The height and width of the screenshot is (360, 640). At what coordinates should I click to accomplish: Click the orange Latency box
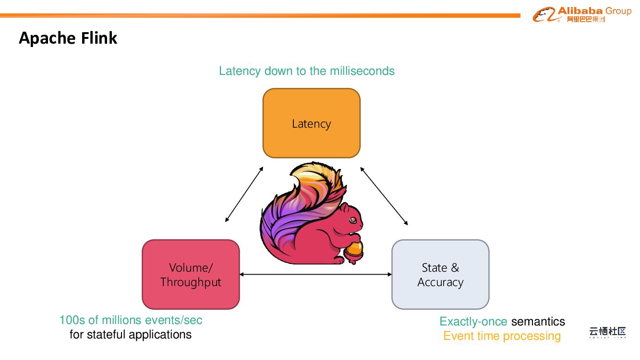pos(311,123)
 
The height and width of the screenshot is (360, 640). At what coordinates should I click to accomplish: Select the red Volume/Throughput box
pos(191,274)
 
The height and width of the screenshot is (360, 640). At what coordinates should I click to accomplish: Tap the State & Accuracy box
pos(440,274)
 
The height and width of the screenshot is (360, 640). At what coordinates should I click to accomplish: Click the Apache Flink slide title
pos(68,38)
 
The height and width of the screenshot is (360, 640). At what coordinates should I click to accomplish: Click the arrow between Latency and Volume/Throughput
pos(244,194)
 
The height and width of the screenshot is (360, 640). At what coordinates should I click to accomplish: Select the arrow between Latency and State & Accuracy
pos(384,196)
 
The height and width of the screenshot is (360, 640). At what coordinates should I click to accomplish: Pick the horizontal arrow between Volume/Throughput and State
pos(315,274)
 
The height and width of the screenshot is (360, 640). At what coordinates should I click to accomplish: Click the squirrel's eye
pos(352,219)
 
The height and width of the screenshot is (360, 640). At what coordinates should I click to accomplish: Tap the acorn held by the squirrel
pos(355,248)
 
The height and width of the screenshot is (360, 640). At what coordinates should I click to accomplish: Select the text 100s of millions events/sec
pos(131,320)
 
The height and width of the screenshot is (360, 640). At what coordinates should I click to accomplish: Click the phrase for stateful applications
pos(131,334)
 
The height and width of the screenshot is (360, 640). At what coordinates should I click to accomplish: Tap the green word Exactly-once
pos(473,321)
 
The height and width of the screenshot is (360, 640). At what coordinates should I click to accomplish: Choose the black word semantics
pos(538,321)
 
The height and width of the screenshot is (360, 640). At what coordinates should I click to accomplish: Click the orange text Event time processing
pos(502,336)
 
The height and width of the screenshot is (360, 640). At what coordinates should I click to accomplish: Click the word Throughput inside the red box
pos(191,282)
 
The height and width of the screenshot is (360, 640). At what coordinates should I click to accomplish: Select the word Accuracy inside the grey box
pos(440,282)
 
